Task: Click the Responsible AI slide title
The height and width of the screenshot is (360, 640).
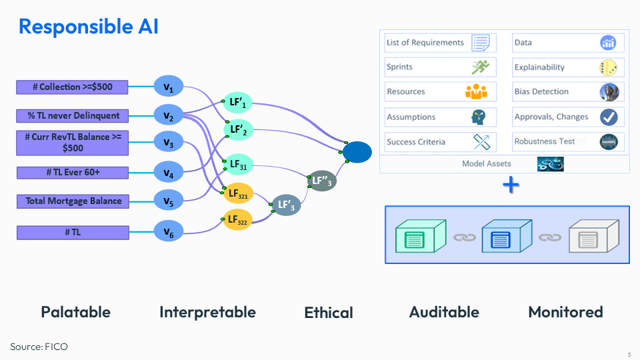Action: coord(88,27)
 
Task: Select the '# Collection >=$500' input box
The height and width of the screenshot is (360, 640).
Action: coord(73,87)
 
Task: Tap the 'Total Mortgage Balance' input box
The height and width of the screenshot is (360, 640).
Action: coord(73,201)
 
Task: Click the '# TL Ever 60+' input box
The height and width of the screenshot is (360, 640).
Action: coord(73,173)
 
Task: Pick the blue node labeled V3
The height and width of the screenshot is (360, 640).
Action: coord(169,143)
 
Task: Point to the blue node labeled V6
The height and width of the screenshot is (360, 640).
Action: coord(169,232)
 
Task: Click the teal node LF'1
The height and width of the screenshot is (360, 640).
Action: coord(238,102)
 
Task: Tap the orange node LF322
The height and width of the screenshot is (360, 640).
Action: coord(238,219)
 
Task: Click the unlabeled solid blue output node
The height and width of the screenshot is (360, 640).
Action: coord(357,153)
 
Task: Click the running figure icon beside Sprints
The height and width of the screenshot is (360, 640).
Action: coord(480,67)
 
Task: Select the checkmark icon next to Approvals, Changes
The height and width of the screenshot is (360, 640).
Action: coord(608,117)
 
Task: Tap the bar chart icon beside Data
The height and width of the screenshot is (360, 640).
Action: coord(608,43)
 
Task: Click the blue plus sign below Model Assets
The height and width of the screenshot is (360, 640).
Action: coord(511,185)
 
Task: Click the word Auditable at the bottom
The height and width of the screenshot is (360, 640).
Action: coord(444,312)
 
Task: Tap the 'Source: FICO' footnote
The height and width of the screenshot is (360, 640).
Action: coord(39,347)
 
